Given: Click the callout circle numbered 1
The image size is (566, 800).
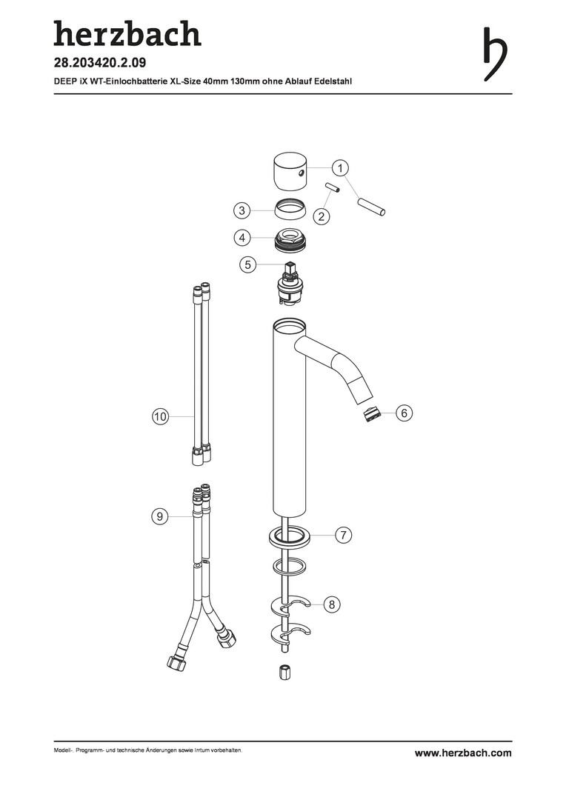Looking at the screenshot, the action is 340,168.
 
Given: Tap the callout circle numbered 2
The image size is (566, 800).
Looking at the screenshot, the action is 321,216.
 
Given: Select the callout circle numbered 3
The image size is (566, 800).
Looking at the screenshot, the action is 242,210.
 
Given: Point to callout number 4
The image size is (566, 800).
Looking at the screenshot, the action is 242,238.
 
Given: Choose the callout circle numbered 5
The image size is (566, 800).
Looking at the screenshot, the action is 248,264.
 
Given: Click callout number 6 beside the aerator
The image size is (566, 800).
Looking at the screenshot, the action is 404,413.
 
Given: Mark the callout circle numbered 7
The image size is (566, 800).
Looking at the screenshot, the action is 344,536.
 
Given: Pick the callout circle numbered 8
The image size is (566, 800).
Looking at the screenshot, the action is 332,605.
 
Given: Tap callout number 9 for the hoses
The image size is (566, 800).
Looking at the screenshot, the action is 160,517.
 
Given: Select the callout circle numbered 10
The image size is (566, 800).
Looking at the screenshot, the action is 160,417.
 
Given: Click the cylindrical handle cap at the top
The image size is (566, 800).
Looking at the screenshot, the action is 289,171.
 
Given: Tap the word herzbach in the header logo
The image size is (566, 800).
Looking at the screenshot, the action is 127,33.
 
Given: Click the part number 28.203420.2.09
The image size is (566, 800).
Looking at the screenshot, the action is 100,63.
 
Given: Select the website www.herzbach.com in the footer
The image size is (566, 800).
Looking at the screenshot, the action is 463,753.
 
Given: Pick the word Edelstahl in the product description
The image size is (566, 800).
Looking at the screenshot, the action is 334,81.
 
